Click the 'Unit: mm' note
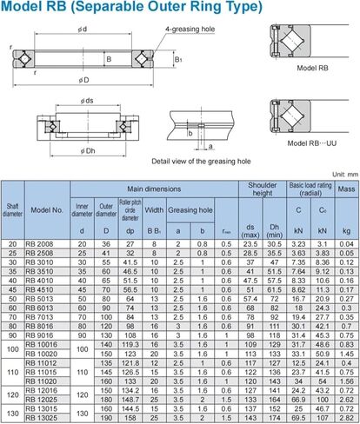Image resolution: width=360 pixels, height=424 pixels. (341, 174)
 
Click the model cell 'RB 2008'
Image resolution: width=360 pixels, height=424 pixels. (41, 244)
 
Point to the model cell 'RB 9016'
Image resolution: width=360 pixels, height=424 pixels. (41, 335)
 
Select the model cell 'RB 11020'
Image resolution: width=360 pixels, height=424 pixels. (41, 381)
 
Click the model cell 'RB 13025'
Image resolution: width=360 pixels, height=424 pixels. (41, 417)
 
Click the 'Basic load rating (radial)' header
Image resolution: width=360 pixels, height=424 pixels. (310, 188)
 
